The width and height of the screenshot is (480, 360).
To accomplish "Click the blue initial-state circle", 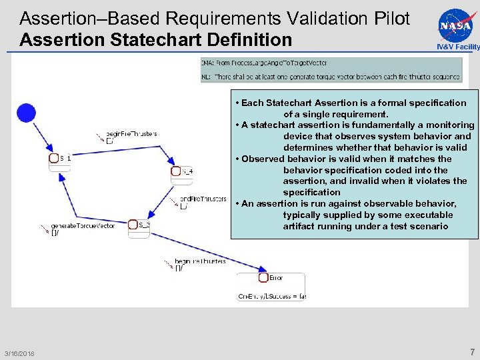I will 27,113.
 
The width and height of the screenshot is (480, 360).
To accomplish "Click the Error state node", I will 271,278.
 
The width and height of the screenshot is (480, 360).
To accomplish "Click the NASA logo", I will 455,25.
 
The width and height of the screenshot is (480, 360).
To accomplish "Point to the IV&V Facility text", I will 457,47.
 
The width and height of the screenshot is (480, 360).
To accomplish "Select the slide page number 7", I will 472,352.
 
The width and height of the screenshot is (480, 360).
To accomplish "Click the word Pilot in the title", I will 391,18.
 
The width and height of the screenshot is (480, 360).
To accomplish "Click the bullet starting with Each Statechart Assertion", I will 353,109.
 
